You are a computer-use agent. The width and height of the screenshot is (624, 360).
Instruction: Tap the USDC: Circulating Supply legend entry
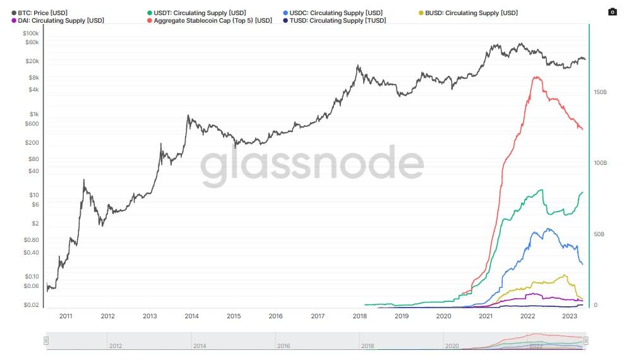[x=335, y=13]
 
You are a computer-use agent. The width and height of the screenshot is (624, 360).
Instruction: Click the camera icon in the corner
[x=611, y=12]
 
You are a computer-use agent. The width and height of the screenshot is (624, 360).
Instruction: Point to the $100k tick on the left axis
[x=31, y=33]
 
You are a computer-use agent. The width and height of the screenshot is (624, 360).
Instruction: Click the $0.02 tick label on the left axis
[x=31, y=305]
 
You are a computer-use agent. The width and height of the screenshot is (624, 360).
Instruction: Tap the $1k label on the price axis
[x=34, y=114]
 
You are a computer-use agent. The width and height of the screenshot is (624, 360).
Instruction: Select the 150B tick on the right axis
[x=600, y=92]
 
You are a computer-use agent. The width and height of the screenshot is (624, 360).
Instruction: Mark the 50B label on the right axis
[x=599, y=234]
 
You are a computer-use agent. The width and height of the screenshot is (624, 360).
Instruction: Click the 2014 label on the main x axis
[x=191, y=316]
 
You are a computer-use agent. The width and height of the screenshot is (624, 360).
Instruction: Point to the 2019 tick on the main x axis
[x=402, y=316]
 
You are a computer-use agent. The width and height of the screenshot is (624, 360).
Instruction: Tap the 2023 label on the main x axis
[x=570, y=316]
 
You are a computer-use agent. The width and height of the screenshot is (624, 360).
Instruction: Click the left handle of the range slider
[x=45, y=341]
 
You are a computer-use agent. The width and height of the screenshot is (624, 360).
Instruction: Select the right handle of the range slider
[x=586, y=341]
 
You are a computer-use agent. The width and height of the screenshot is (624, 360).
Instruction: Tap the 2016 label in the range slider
[x=284, y=346]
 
